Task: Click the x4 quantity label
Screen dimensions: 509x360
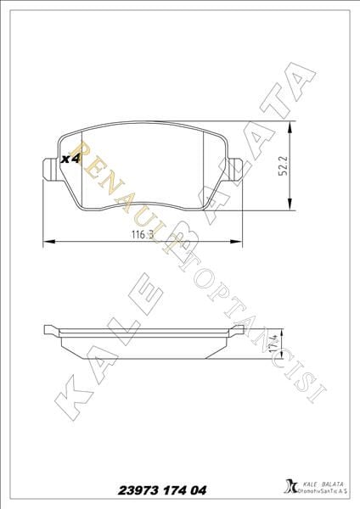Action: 70,159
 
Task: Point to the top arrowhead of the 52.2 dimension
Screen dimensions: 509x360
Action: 291,127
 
